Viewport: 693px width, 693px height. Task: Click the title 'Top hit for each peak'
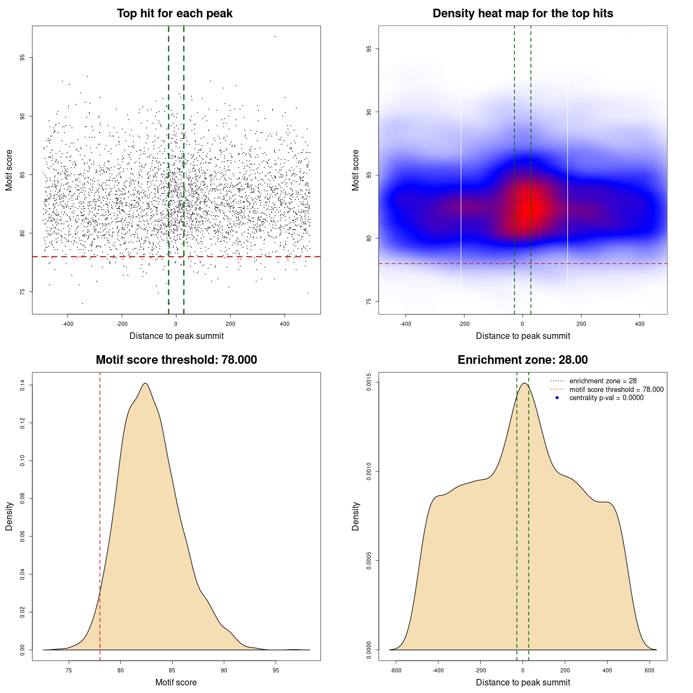(175, 14)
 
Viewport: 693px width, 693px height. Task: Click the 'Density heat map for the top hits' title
(522, 14)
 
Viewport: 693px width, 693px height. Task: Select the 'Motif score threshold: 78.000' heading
(176, 360)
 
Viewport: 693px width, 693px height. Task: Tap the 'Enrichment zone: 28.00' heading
(522, 360)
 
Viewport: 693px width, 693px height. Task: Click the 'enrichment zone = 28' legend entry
(603, 381)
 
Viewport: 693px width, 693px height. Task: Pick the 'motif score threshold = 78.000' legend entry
(616, 390)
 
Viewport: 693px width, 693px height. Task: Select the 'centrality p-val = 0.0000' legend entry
(606, 398)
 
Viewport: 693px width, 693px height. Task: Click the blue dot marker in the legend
(557, 398)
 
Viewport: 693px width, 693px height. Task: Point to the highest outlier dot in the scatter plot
(275, 36)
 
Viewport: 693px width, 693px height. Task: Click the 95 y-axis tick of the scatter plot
(22, 58)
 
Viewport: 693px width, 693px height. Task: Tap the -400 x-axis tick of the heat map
(406, 324)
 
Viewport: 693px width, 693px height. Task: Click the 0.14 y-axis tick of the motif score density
(22, 385)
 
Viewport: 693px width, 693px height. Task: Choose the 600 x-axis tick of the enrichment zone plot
(650, 670)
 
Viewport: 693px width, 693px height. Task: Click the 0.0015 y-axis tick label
(369, 382)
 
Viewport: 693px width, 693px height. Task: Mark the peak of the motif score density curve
(145, 383)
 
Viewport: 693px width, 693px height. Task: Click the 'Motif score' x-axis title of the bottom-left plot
(176, 682)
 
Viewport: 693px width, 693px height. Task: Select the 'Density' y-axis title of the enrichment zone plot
(356, 516)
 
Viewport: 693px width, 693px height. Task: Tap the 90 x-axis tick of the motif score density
(224, 670)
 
